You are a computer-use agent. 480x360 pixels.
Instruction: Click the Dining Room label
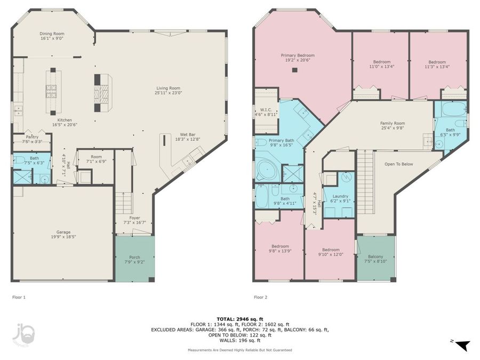point(52,36)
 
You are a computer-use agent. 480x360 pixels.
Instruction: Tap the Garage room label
point(63,235)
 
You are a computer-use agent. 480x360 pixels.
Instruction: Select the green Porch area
point(135,259)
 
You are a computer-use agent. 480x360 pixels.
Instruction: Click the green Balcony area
point(375,258)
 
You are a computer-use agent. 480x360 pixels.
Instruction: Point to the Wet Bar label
point(187,137)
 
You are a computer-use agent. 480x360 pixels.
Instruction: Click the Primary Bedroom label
point(298,58)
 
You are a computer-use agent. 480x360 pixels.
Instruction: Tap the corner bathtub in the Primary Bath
point(266,169)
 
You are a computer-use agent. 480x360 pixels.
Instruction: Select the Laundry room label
point(340,199)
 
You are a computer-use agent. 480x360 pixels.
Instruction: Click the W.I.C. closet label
point(266,112)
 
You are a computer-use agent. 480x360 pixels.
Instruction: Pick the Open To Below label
point(398,164)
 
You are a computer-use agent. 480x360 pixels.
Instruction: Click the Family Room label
point(393,125)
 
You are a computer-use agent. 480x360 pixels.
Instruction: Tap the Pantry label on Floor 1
point(32,139)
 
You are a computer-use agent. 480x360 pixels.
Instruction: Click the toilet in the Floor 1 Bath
point(19,160)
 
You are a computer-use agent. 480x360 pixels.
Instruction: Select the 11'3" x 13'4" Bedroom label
point(437,65)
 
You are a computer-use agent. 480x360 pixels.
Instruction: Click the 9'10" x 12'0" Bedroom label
point(331,252)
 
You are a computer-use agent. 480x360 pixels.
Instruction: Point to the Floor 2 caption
point(260,297)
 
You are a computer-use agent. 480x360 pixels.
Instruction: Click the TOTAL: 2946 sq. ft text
point(239,319)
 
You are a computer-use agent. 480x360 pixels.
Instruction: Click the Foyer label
point(134,220)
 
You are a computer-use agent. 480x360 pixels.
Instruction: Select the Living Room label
point(168,90)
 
